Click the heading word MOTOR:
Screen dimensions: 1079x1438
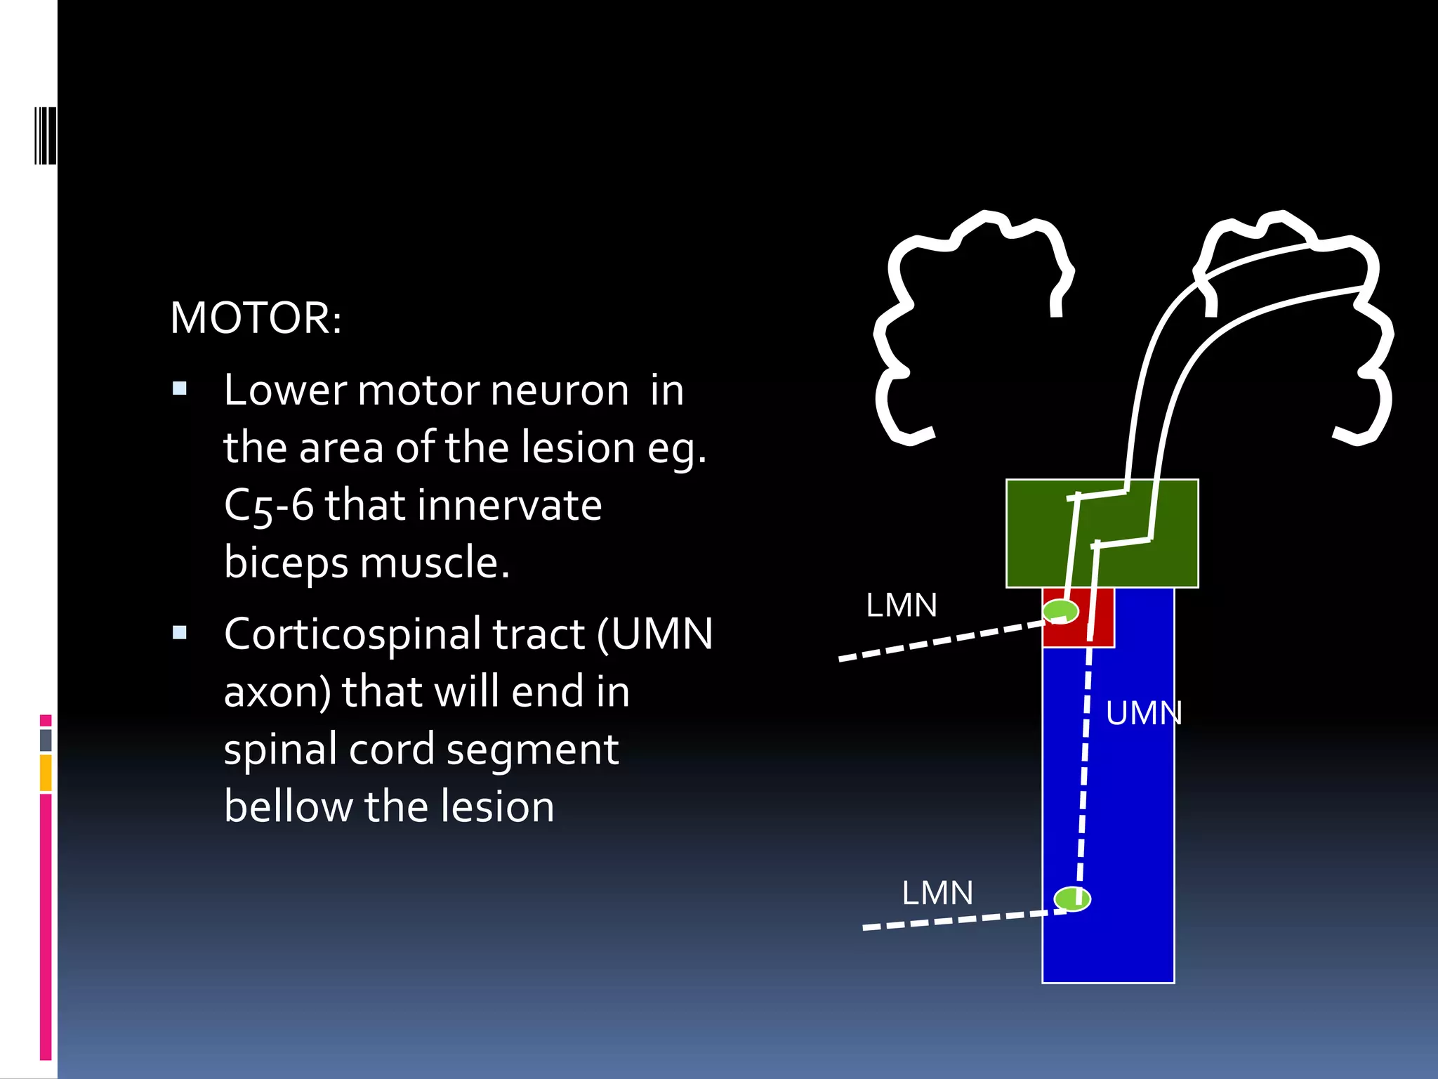pyautogui.click(x=256, y=318)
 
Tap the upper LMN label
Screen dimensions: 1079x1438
pyautogui.click(x=901, y=606)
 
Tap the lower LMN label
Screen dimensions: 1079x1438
pyautogui.click(x=937, y=894)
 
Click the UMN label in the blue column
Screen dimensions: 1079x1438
pyautogui.click(x=1143, y=714)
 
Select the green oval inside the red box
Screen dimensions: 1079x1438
pyautogui.click(x=1059, y=610)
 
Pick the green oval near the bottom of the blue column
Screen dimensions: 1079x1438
pyautogui.click(x=1071, y=898)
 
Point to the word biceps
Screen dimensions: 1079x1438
pyautogui.click(x=285, y=563)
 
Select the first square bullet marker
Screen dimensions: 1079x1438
pyautogui.click(x=180, y=388)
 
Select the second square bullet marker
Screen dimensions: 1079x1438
pyautogui.click(x=180, y=633)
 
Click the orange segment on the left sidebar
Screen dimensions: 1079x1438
pyautogui.click(x=46, y=773)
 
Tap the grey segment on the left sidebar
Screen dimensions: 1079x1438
pyautogui.click(x=46, y=740)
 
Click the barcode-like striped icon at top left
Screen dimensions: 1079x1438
pyautogui.click(x=45, y=136)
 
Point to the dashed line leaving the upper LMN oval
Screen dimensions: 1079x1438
pyautogui.click(x=941, y=641)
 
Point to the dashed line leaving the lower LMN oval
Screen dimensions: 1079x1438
pyautogui.click(x=955, y=920)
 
